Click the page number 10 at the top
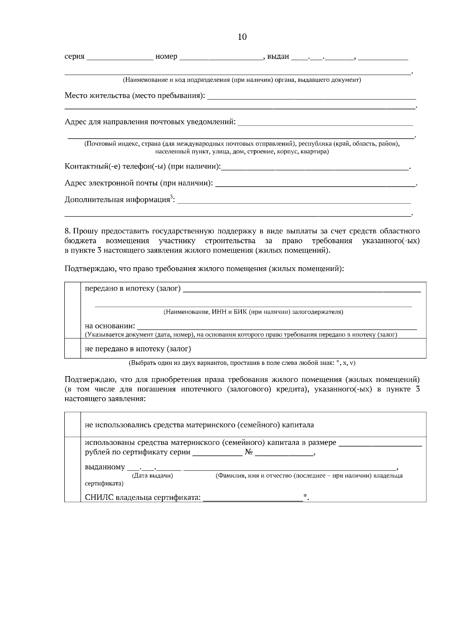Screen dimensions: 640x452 point(242,37)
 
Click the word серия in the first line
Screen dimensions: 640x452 point(74,57)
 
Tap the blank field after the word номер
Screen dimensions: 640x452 point(221,57)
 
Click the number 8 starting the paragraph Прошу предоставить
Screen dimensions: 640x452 point(67,231)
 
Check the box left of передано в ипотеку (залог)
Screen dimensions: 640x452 point(73,310)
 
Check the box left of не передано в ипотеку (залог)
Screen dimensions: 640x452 point(73,348)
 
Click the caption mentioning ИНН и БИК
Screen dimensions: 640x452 point(253,312)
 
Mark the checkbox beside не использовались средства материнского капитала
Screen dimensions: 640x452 point(73,424)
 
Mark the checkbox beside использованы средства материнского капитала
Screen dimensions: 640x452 point(73,469)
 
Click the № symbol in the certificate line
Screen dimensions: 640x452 point(249,452)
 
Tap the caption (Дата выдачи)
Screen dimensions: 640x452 point(153,476)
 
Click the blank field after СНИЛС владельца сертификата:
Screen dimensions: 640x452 point(253,498)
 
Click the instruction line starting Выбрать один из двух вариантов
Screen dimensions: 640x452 point(242,363)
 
